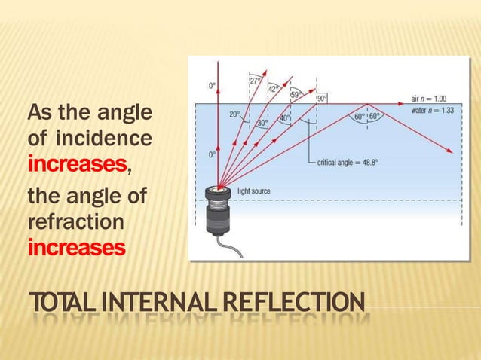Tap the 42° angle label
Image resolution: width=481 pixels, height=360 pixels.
tap(274, 87)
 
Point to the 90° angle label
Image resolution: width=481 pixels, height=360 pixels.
tap(322, 99)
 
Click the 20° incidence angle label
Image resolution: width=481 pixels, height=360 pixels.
tap(235, 115)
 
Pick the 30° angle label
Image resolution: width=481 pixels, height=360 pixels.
tap(262, 123)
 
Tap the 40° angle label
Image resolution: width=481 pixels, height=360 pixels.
tap(285, 118)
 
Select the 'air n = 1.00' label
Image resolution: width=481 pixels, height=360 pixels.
tap(429, 98)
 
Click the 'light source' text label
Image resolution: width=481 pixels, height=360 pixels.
tap(254, 191)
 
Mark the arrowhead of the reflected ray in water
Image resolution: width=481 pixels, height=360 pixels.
tap(451, 152)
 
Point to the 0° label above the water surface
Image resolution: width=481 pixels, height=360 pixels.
tap(213, 86)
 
